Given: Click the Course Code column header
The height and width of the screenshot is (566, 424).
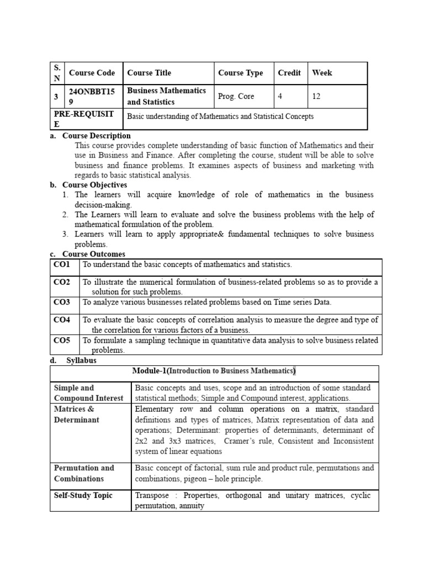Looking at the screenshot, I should pyautogui.click(x=92, y=73).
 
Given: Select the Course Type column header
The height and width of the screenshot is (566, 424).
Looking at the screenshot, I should pyautogui.click(x=240, y=73).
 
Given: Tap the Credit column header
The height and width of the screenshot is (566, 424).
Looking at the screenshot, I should pyautogui.click(x=289, y=73).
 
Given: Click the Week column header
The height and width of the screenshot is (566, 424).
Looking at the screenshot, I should pyautogui.click(x=322, y=73).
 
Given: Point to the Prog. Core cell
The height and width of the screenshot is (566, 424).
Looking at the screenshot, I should pyautogui.click(x=236, y=96).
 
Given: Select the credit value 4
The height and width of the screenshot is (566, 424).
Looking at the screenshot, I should pyautogui.click(x=280, y=96).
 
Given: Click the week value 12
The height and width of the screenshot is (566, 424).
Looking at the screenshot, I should pyautogui.click(x=316, y=96).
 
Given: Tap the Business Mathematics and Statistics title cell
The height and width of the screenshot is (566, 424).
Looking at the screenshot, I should pyautogui.click(x=166, y=96).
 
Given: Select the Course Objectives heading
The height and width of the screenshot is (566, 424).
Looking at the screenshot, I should pyautogui.click(x=94, y=185).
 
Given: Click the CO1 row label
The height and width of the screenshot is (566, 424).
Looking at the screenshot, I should pyautogui.click(x=62, y=265).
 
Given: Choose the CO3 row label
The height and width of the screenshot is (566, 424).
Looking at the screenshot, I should pyautogui.click(x=62, y=302).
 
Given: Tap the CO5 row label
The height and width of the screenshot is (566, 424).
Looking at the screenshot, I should pyautogui.click(x=62, y=340).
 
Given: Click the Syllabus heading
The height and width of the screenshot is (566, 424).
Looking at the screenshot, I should pyautogui.click(x=81, y=360).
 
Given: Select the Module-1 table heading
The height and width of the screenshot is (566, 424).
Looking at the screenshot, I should pyautogui.click(x=214, y=371).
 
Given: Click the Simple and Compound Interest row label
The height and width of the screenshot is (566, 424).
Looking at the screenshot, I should pyautogui.click(x=88, y=393).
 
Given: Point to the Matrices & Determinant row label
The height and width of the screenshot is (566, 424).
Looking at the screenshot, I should pyautogui.click(x=77, y=415).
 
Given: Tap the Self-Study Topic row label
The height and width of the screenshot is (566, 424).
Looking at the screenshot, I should pyautogui.click(x=83, y=495).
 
